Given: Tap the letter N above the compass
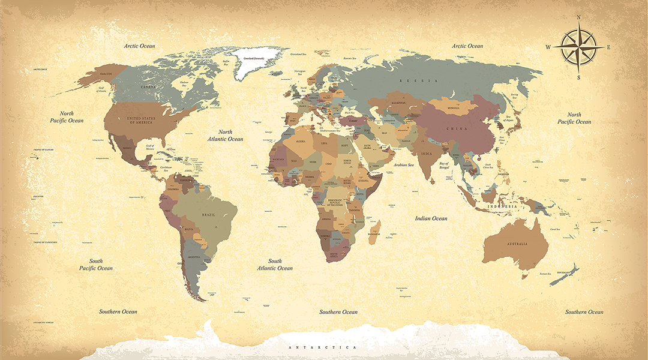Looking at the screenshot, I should pyautogui.click(x=578, y=17).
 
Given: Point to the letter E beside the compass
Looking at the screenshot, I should pyautogui.click(x=608, y=47).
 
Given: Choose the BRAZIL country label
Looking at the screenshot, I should pyautogui.click(x=208, y=214).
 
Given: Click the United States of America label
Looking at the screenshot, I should pyautogui.click(x=140, y=121).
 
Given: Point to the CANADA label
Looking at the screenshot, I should pyautogui.click(x=148, y=87).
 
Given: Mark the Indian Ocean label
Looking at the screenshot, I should pyautogui.click(x=431, y=218).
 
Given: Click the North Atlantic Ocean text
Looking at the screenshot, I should pyautogui.click(x=225, y=136).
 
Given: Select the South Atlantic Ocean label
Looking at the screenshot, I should pyautogui.click(x=275, y=265).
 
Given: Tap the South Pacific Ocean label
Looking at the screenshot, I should pyautogui.click(x=96, y=265).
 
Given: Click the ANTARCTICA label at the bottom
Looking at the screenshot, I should pyautogui.click(x=322, y=347).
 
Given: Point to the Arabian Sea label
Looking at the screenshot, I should pyautogui.click(x=403, y=164).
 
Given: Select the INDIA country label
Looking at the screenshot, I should pyautogui.click(x=426, y=154).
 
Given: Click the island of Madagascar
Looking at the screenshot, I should pyautogui.click(x=373, y=232).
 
